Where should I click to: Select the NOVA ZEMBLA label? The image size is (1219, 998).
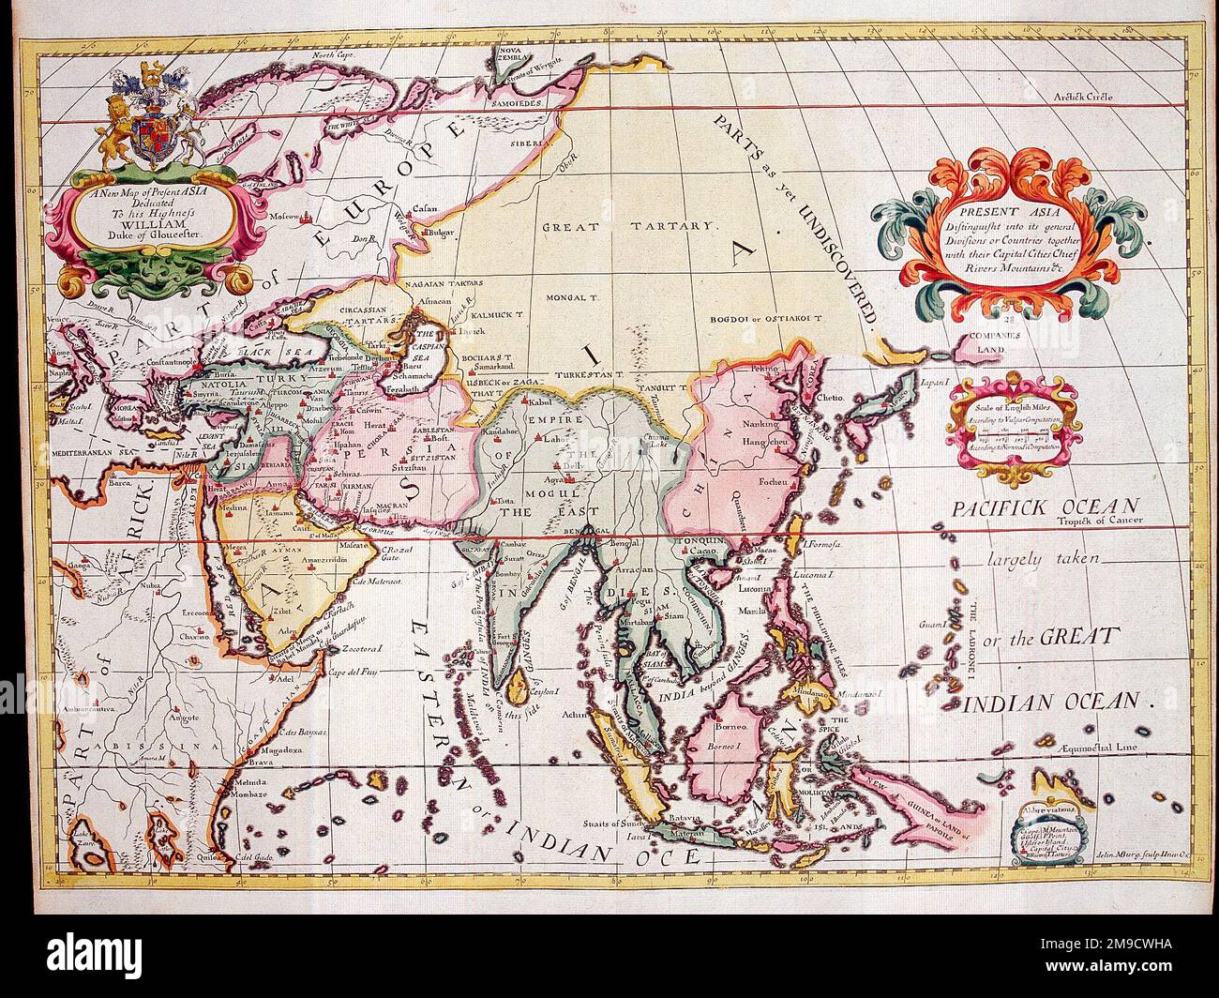(x=522, y=50)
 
